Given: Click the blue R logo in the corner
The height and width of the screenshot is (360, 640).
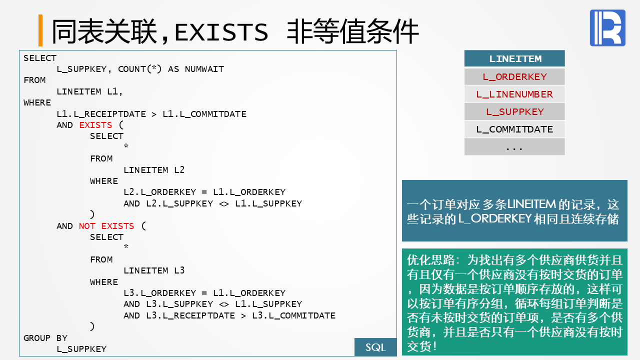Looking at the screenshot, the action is pos(607,28).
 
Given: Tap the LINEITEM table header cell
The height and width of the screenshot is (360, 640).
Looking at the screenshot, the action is pos(514,58).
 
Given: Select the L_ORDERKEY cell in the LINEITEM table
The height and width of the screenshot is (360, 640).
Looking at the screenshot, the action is pos(514,76).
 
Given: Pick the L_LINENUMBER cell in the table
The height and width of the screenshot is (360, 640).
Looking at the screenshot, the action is pos(514,94).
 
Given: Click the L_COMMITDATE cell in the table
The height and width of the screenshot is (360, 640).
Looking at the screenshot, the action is pos(514,129).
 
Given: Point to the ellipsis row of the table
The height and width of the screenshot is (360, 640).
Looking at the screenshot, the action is pos(514,147).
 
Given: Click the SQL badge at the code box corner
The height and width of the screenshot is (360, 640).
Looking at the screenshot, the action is pos(375,347).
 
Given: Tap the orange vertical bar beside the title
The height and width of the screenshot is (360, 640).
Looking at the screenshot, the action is pos(40,30).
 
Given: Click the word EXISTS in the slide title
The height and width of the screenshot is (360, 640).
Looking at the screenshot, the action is pos(221,32).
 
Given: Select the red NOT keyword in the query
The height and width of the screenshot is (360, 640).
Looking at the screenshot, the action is pos(87,226).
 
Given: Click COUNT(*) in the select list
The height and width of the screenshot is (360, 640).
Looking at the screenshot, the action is pos(139,69).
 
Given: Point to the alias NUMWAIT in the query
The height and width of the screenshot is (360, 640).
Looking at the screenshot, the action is pos(204,69).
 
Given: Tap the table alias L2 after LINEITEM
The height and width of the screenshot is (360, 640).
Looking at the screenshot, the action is pos(179,170).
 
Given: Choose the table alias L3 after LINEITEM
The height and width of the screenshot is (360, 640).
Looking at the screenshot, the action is pos(179,270).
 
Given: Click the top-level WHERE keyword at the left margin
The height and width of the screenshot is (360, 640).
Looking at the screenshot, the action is pos(37,102).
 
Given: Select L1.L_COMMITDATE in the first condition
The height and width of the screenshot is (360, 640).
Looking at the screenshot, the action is pos(204,114).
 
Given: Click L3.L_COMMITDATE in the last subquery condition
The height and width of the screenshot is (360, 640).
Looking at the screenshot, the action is pos(293,315).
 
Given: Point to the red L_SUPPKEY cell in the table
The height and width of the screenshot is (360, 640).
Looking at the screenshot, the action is pos(514,111).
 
